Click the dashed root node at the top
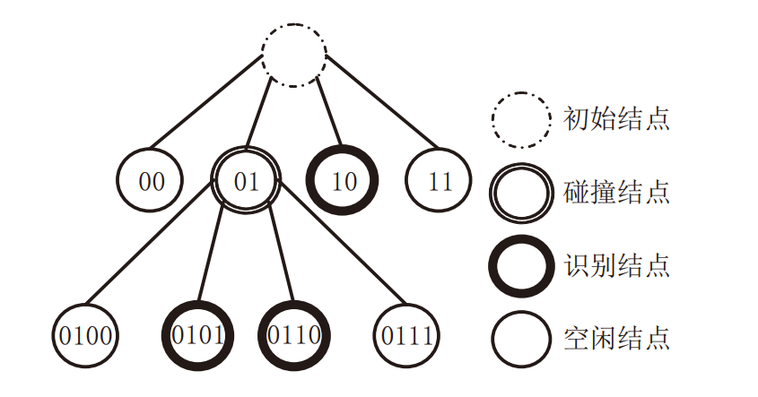[x=294, y=55]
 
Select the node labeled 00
[x=152, y=180]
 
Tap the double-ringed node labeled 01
[x=246, y=180]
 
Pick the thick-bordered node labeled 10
[x=343, y=180]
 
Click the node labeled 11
[x=440, y=180]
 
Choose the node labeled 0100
[x=85, y=337]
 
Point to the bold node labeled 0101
[x=198, y=337]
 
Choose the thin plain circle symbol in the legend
[x=520, y=339]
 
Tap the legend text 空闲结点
[x=616, y=339]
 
